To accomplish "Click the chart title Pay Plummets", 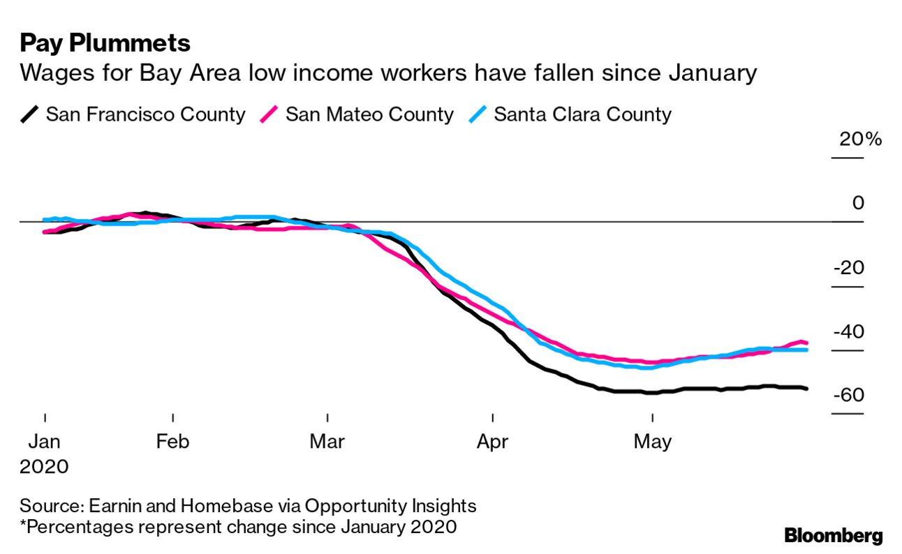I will pos(105,43).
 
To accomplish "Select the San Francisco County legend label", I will pos(145,114).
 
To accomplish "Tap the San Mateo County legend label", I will pos(369,114).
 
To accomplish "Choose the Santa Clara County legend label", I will pos(582,114).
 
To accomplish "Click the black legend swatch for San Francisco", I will pos(30,114).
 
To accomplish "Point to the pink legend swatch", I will pos(269,114).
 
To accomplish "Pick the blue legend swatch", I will pos(479,114).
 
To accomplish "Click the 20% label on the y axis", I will pos(861,139).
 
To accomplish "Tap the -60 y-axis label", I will pos(849,396).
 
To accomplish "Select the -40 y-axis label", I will pos(849,331).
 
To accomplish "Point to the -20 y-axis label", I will pos(849,268).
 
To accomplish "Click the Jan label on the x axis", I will pos(45,442).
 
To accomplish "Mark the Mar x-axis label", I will pos(327,442).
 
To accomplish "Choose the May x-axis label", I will pos(652,442).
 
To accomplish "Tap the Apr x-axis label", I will pos(493,442).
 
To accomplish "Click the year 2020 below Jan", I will pos(45,466).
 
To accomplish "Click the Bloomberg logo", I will pos(834,536).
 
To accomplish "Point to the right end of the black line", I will pos(806,388).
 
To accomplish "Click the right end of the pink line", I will pos(806,342).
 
